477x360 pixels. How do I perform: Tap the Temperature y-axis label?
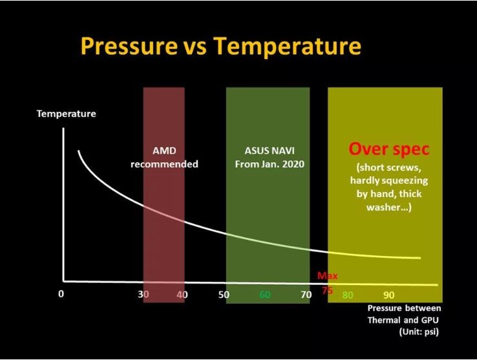coord(66,114)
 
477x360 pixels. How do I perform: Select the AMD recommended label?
coord(164,158)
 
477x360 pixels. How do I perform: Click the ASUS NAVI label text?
coord(268,151)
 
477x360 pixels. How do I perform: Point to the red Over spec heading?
coord(388,149)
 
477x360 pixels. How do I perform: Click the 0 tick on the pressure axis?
coord(61,294)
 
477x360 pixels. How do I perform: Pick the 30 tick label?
coord(143,295)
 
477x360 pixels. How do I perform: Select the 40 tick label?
coord(182,295)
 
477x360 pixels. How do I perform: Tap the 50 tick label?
coord(224,295)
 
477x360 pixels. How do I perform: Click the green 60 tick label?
coord(264,295)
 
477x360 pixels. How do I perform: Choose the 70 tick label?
coord(306,295)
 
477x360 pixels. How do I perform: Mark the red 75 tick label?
coord(327,290)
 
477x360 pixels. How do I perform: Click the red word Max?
coord(327,277)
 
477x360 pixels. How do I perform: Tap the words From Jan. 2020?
coord(269,164)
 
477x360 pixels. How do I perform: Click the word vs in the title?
coord(194,47)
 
